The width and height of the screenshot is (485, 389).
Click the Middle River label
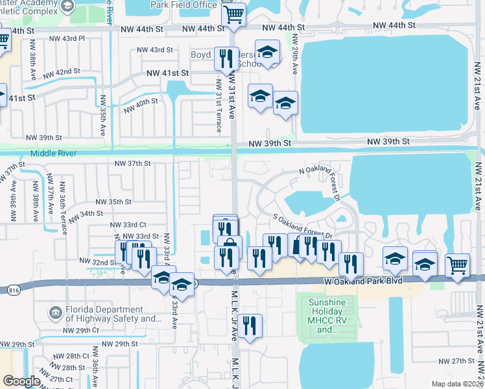click(54, 153)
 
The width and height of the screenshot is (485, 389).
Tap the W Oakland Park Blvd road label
click(365, 281)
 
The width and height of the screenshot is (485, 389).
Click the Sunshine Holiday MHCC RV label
click(327, 316)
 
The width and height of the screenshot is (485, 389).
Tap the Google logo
click(21, 381)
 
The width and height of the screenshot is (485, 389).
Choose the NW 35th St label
click(113, 202)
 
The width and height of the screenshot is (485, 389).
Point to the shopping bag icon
click(229, 246)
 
